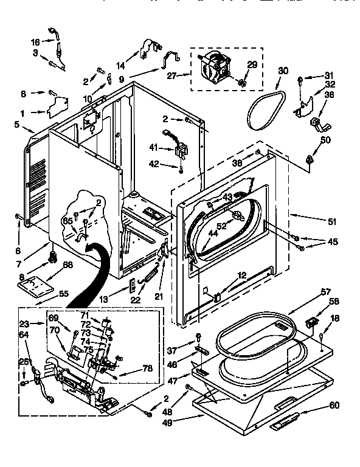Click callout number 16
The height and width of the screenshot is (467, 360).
(x=35, y=42)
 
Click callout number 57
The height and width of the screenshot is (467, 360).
(x=325, y=291)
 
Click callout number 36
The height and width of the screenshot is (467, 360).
(x=330, y=94)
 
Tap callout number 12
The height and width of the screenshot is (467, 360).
(x=243, y=275)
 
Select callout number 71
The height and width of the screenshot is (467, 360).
(x=85, y=316)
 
